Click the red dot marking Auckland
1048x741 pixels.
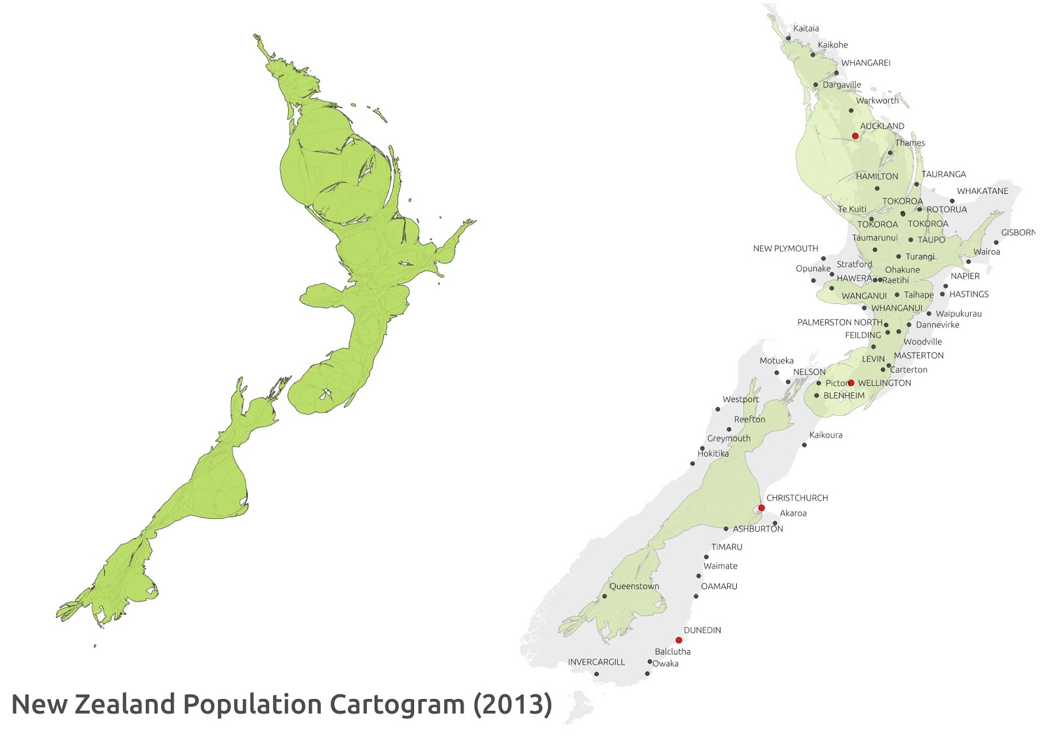855,136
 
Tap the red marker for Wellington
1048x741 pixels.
851,383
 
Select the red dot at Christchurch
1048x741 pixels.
761,508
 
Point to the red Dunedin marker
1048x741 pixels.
679,640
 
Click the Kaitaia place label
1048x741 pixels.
806,29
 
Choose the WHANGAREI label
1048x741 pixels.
865,63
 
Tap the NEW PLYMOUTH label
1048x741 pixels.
785,248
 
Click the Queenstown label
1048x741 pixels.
634,586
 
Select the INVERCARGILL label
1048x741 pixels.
596,662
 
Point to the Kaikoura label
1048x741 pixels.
825,435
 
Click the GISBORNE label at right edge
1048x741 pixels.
1018,233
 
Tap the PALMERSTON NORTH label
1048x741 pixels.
839,322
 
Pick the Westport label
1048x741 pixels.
740,399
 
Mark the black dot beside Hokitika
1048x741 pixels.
692,464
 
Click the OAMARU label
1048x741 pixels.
719,586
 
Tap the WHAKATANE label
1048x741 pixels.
982,191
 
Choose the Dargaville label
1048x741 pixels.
842,85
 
